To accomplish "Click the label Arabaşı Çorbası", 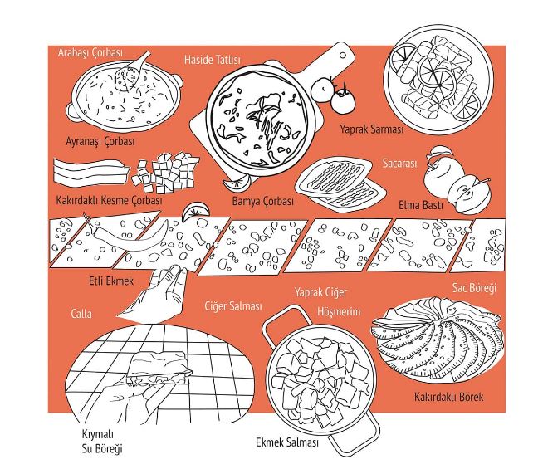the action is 90,53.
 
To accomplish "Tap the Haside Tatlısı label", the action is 213,60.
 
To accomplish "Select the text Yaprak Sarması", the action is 372,129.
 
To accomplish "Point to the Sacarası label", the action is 399,164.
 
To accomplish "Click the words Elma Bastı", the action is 421,205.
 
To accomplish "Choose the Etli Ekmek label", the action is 111,281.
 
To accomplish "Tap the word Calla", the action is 81,314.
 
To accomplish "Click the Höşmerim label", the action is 339,312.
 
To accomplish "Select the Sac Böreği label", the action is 474,288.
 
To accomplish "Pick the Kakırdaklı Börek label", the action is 449,397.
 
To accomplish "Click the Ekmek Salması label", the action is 287,442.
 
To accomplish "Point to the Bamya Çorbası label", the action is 263,201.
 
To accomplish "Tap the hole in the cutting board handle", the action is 342,56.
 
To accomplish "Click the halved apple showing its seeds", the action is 469,194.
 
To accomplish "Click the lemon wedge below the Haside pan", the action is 236,183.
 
